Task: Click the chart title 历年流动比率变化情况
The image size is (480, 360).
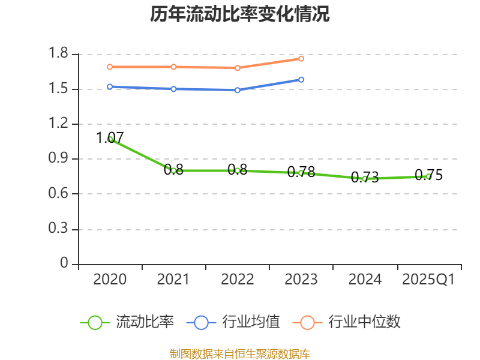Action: [x=240, y=14]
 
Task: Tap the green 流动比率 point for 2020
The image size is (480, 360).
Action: [x=110, y=139]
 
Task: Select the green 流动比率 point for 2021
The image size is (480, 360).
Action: [x=173, y=170]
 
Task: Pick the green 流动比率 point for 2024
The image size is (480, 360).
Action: [x=365, y=179]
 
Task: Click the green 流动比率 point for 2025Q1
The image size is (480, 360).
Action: [x=428, y=176]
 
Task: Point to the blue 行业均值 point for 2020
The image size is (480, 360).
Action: [x=110, y=86]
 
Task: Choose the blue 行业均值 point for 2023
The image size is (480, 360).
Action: [x=301, y=79]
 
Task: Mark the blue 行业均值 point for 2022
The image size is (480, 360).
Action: [x=238, y=90]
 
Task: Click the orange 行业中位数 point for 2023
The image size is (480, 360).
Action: [x=301, y=58]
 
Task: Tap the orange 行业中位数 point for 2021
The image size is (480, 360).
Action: [x=173, y=67]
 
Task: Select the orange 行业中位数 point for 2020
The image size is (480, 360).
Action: [x=110, y=67]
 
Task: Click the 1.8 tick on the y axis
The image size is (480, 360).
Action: [x=60, y=55]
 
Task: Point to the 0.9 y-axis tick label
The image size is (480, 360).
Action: [x=60, y=159]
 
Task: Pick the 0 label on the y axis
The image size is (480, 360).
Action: [x=65, y=264]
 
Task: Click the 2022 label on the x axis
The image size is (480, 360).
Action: [x=238, y=280]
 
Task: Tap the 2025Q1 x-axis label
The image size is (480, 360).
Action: [x=428, y=280]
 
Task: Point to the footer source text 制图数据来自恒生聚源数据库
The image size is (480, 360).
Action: [x=240, y=353]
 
